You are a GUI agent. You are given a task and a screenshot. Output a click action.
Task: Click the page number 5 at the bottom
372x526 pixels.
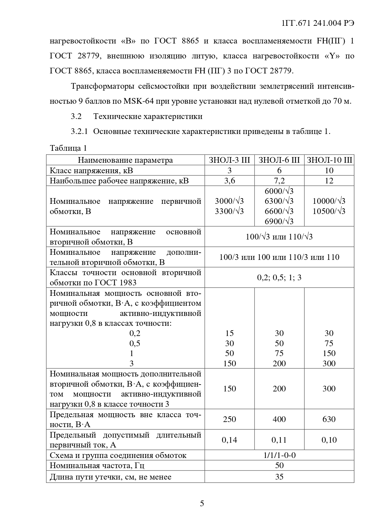tap(202, 503)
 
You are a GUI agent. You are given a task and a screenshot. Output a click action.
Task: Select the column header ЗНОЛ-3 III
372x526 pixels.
tap(229, 160)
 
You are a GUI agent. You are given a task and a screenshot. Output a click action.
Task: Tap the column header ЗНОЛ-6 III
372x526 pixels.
tap(279, 160)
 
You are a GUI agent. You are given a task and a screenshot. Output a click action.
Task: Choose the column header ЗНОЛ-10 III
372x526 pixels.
tap(329, 160)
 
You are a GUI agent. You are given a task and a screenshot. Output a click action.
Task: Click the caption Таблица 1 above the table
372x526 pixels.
tap(68, 148)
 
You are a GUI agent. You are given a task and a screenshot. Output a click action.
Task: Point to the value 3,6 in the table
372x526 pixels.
tap(229, 181)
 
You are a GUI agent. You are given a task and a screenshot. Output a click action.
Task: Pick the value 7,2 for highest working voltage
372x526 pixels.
tap(279, 181)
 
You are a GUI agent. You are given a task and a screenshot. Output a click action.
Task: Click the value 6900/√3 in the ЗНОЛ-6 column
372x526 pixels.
tap(279, 221)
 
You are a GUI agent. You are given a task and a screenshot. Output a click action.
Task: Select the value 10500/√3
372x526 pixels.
tap(329, 211)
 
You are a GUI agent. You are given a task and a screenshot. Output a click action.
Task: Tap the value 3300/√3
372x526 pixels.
tap(229, 211)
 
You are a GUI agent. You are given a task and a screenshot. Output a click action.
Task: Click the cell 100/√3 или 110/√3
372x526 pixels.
tap(279, 237)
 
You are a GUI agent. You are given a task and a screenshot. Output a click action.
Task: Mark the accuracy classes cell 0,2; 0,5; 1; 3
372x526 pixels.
tap(279, 278)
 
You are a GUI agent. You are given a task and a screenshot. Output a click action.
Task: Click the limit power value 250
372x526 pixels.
tap(229, 419)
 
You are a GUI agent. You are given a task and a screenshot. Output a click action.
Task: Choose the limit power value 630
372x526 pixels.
tap(329, 419)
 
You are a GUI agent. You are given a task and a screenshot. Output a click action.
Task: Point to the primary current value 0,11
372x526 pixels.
tap(279, 440)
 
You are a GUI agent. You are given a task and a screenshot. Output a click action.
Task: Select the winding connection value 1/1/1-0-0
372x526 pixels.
tap(279, 456)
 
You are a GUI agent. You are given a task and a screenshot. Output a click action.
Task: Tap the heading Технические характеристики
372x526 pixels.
tap(148, 116)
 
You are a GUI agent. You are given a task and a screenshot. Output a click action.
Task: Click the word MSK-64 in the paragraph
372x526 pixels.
tap(138, 101)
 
